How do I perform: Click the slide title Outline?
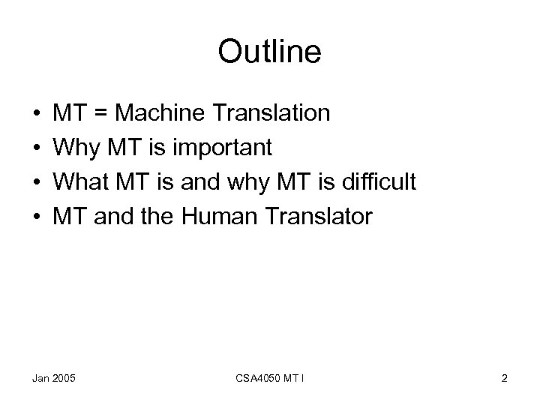coord(269,52)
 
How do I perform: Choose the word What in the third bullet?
coord(79,183)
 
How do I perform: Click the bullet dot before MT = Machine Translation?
coord(37,114)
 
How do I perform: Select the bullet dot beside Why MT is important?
coord(37,148)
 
